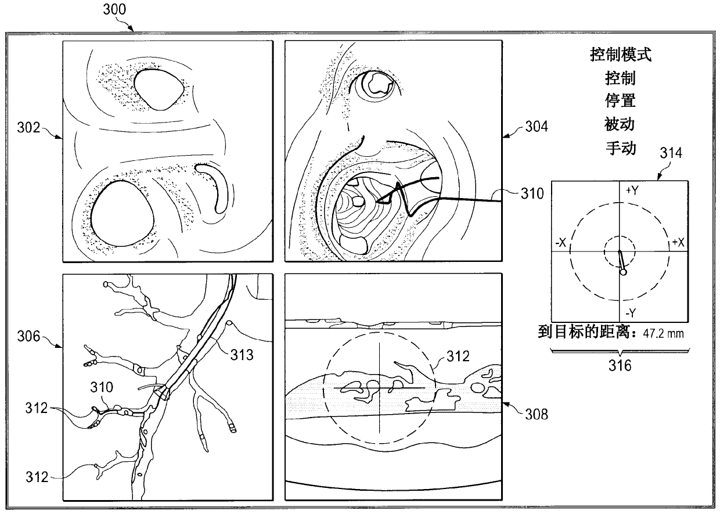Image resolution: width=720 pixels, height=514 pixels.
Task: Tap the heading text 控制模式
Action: click(x=620, y=55)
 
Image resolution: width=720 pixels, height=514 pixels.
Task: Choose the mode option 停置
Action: click(x=620, y=100)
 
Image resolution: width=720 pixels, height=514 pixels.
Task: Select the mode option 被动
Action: click(x=620, y=124)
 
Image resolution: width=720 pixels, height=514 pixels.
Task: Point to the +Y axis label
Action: click(x=631, y=190)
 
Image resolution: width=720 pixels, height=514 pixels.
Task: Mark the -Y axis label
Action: click(x=631, y=311)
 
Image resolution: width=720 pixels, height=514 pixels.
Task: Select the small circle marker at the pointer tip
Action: click(x=623, y=271)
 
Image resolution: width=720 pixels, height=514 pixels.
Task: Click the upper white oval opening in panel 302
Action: click(x=157, y=88)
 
